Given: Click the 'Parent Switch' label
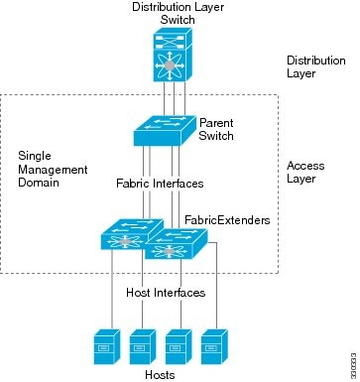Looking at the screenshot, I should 217,130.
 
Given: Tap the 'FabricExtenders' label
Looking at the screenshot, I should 219,218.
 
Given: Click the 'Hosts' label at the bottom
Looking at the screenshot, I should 160,373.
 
